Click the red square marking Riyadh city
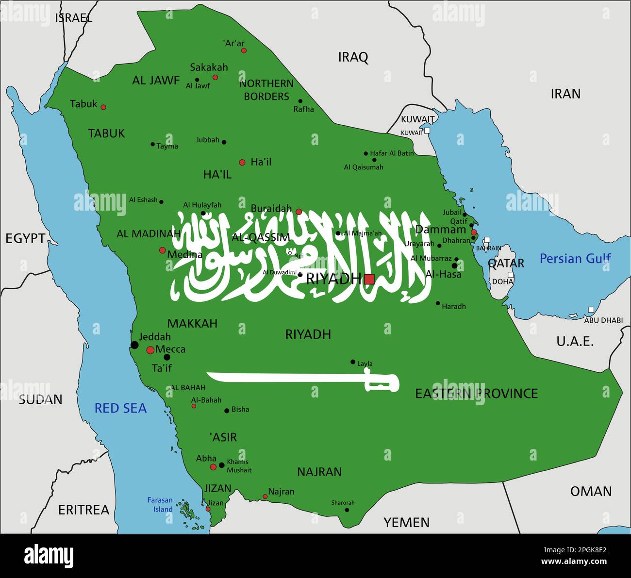[369, 279]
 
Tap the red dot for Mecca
[150, 350]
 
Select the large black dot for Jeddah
[134, 345]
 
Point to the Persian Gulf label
[575, 259]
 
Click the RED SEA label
[120, 408]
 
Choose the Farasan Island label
[160, 505]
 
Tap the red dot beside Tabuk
[103, 107]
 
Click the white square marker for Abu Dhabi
[591, 310]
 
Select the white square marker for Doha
[511, 275]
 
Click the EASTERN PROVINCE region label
[476, 393]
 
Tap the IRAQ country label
[353, 57]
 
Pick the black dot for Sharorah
[347, 510]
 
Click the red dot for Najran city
[265, 496]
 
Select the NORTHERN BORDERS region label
[266, 90]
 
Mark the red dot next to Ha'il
[242, 163]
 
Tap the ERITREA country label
[84, 510]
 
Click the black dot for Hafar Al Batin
[366, 153]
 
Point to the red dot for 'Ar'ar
[244, 50]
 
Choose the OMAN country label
[591, 491]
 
